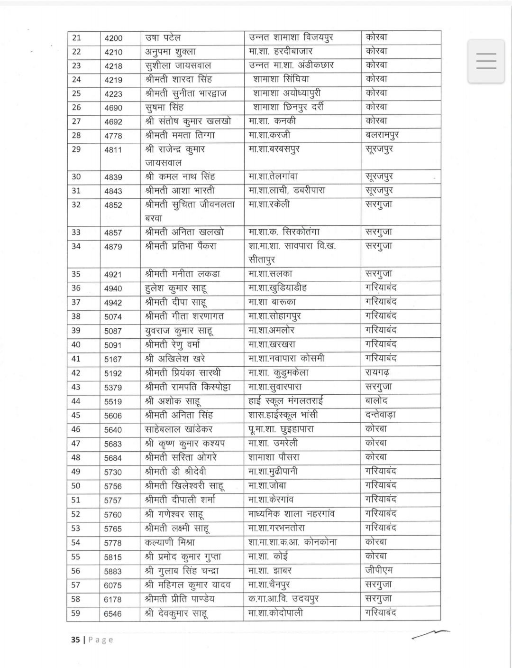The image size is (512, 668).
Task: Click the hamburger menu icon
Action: tap(486, 62)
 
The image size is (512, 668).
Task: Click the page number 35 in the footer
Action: tap(75, 640)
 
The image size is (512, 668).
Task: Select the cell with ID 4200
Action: tap(113, 38)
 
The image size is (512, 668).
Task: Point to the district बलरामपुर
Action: tap(383, 135)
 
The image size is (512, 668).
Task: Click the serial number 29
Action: tap(76, 149)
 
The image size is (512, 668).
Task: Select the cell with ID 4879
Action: tap(113, 247)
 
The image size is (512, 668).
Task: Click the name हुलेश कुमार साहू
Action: tap(176, 288)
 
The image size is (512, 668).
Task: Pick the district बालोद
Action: tap(377, 401)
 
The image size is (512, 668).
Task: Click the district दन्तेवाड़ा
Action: tap(381, 415)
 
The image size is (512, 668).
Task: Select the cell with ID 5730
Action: tap(113, 472)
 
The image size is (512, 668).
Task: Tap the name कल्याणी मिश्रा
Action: tap(171, 542)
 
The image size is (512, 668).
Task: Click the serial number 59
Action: tap(76, 613)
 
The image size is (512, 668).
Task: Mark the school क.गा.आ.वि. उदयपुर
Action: tap(283, 599)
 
